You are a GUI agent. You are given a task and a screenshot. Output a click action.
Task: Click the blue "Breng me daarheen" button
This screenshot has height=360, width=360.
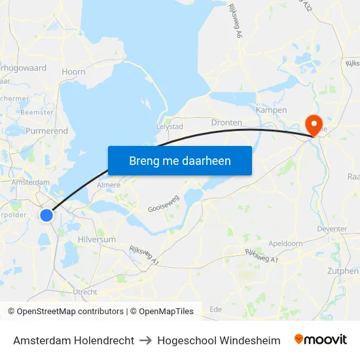(179, 160)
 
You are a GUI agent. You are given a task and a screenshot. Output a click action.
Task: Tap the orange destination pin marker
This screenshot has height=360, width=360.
(314, 124)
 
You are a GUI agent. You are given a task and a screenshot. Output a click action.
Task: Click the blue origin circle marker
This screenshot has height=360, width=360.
(46, 215)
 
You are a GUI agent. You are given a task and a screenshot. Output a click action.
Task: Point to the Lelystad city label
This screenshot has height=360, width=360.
(169, 126)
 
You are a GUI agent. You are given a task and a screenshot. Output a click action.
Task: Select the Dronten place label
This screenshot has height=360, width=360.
(226, 122)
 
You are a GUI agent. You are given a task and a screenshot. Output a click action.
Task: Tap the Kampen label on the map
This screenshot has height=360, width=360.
(271, 110)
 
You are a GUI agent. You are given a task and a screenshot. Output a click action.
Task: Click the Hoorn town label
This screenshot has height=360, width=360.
(73, 72)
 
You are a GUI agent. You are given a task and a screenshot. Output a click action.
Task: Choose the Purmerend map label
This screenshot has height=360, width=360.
(46, 131)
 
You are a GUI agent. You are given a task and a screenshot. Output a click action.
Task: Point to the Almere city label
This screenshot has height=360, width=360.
(109, 185)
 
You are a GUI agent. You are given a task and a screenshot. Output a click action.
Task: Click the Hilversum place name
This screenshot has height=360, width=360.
(97, 240)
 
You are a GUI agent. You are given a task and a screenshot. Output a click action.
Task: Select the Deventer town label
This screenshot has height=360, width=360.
(332, 229)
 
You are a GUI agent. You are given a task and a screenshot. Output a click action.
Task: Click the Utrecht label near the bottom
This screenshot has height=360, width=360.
(86, 292)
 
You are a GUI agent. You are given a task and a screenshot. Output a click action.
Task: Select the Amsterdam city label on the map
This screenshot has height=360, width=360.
(30, 182)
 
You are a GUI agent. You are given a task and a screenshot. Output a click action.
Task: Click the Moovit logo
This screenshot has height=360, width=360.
(321, 340)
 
